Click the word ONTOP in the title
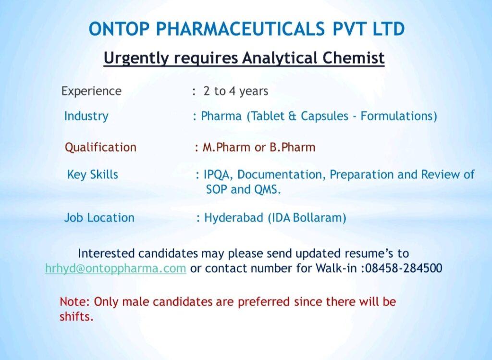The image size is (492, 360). [x=119, y=29]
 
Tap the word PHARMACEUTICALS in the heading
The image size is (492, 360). [x=240, y=29]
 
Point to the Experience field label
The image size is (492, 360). [x=91, y=91]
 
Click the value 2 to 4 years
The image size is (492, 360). [x=235, y=91]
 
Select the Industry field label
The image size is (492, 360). [x=86, y=116]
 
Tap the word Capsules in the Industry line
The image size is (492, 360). [x=324, y=116]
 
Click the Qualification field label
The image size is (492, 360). [x=100, y=147]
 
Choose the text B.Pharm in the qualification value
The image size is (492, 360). [x=293, y=147]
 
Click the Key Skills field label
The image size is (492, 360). [x=93, y=174]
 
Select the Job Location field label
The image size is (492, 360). [x=99, y=218]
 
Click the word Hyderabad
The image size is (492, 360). [x=234, y=218]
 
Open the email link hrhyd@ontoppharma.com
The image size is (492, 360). [x=116, y=268]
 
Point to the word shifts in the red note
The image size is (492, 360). [x=76, y=317]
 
